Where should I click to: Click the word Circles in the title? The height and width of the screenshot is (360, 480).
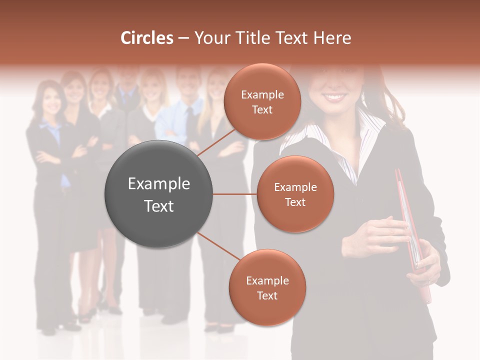click(147, 38)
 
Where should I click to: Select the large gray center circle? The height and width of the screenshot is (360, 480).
click(159, 194)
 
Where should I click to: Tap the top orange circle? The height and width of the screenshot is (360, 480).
click(262, 101)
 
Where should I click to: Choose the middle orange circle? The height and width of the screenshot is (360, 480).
click(295, 194)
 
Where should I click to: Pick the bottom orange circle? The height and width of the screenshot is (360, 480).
click(267, 287)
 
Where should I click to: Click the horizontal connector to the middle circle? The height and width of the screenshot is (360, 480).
click(235, 194)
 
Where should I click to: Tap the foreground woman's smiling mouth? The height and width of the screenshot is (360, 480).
click(336, 96)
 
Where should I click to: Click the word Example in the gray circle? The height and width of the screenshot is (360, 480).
click(159, 184)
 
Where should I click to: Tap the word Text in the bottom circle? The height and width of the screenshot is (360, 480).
click(267, 295)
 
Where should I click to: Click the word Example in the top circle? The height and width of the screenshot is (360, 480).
click(262, 94)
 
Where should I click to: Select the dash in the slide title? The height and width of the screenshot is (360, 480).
click(183, 38)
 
